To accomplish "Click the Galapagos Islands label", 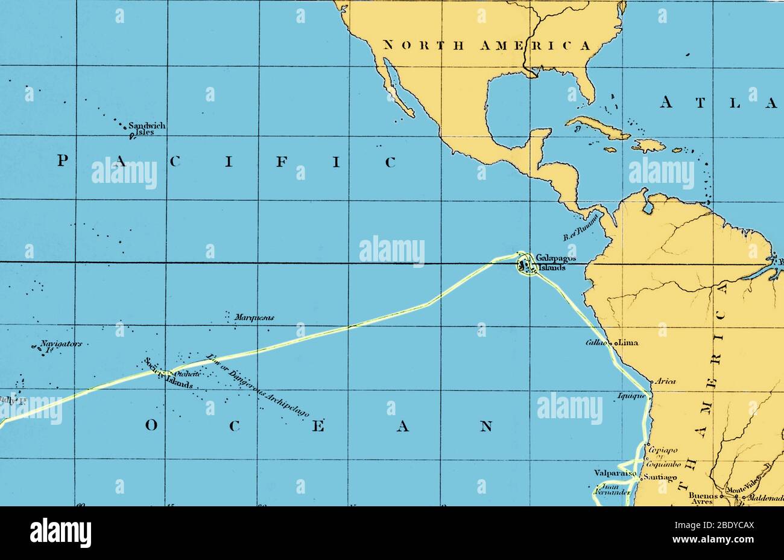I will [x=551, y=262].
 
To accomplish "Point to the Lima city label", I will [x=628, y=343].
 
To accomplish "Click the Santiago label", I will [x=660, y=477].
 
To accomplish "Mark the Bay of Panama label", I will [x=580, y=227].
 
